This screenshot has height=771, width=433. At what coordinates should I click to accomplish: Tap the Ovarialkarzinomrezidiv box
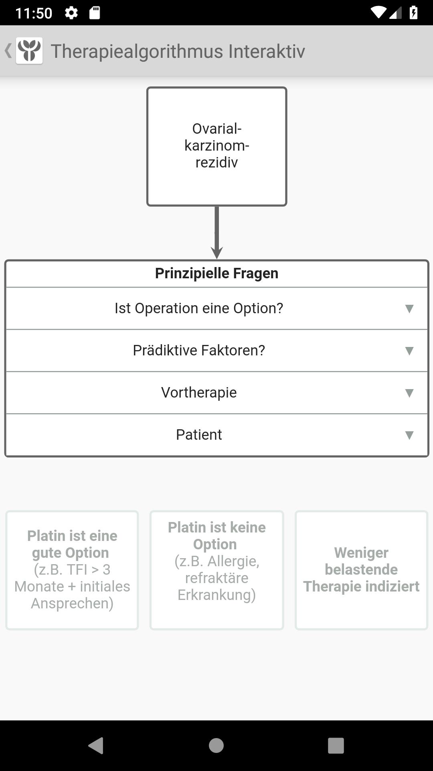pos(216,146)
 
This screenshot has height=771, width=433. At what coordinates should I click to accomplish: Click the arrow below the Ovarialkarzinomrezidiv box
pos(216,233)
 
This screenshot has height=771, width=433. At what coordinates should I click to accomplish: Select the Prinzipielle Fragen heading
pos(216,273)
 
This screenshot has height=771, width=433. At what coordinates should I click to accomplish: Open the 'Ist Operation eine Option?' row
pos(199,308)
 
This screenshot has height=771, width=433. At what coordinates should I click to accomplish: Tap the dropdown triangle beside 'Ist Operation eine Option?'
pos(409,308)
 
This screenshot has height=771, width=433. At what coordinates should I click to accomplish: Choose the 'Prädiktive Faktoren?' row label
pos(199,350)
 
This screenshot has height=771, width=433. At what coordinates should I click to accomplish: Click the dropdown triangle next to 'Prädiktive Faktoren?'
pos(409,351)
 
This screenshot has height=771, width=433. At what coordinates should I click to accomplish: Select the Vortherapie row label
pos(199,392)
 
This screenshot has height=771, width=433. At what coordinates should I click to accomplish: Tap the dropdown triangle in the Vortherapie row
pos(409,393)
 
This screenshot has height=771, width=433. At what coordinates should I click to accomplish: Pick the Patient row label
pos(199,434)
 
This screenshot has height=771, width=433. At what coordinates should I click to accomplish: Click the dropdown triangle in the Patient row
pos(409,435)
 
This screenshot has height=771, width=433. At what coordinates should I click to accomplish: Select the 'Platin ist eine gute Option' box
pos(72,570)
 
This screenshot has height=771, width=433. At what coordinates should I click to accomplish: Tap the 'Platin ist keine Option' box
pos(216,570)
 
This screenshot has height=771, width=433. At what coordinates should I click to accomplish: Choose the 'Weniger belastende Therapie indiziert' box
pos(361,570)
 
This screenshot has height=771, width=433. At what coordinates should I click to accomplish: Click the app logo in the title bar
pos(29,51)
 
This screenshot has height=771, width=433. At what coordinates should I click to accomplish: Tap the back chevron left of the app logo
pos(8,51)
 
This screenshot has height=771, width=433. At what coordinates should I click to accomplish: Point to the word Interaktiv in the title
pos(267,51)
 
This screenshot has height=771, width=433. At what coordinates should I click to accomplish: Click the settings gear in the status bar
pos(71,13)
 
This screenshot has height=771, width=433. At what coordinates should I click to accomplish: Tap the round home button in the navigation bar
pos(216,745)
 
